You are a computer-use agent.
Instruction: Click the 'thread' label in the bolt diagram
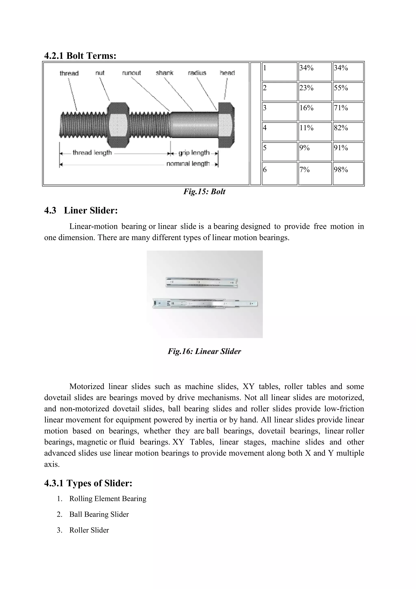[69, 73]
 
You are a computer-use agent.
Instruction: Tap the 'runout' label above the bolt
[131, 73]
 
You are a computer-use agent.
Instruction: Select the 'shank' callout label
[165, 73]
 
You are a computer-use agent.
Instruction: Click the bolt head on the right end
[226, 125]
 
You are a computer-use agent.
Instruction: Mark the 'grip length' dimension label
[194, 153]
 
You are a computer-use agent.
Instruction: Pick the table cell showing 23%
[315, 92]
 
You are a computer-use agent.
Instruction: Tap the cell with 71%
[348, 112]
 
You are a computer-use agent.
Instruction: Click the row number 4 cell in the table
[279, 132]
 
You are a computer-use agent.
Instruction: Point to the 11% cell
[315, 132]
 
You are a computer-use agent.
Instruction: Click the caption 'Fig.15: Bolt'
[204, 192]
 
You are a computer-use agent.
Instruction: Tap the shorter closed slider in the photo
[201, 282]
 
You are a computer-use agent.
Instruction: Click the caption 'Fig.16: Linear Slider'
[204, 351]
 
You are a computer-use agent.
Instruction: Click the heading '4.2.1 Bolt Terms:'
[80, 56]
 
